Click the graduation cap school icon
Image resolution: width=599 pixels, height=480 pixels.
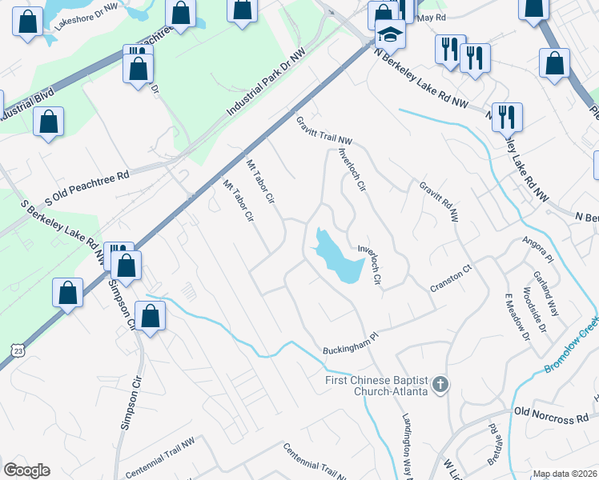(x=390, y=34)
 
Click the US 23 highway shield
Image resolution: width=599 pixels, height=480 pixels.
(x=18, y=349)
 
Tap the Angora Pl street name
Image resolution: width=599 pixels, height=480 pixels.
(x=537, y=247)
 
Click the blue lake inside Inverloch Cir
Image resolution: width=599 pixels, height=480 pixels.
(x=337, y=256)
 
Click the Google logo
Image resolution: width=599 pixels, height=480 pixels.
(x=26, y=470)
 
